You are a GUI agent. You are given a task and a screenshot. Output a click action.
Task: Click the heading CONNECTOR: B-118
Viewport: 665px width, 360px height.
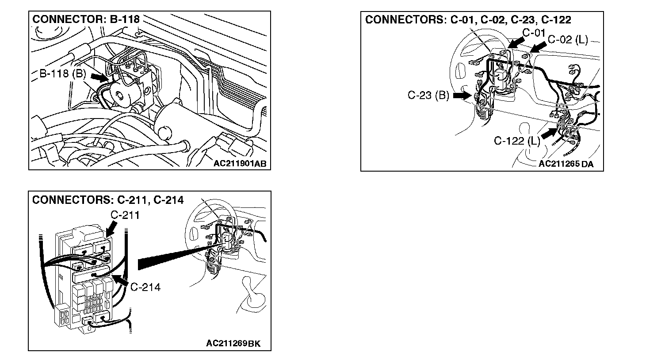(x=86, y=19)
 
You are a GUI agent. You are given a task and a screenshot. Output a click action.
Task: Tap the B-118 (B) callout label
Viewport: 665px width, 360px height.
(x=62, y=74)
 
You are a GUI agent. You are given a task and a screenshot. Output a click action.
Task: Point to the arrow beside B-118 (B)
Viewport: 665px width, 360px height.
(x=99, y=77)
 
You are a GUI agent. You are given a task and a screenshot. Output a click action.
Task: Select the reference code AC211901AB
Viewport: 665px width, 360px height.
(x=240, y=164)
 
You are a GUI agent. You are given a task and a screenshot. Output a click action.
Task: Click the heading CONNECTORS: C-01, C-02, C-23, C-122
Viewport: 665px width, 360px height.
(x=468, y=20)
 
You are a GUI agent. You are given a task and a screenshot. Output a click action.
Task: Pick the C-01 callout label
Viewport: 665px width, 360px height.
(x=534, y=33)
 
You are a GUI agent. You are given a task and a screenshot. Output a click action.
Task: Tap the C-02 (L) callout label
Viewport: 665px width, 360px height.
(x=567, y=39)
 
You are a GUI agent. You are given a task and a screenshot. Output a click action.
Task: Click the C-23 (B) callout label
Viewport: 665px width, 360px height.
(x=428, y=95)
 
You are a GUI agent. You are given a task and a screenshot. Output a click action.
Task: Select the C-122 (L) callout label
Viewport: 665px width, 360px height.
(x=516, y=141)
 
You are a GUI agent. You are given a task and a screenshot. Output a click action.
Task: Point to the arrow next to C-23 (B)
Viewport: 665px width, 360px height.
(x=462, y=95)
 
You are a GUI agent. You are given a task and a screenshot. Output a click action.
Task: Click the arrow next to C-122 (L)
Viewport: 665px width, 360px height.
(x=549, y=133)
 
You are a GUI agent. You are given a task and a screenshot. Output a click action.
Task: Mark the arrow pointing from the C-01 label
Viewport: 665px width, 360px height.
(x=514, y=42)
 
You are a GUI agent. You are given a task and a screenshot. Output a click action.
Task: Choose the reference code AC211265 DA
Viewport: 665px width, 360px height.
(x=566, y=164)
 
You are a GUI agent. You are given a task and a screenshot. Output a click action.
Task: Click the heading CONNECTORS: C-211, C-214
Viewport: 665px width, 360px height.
(x=107, y=200)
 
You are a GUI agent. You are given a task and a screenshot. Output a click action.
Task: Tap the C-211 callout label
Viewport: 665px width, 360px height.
(x=125, y=215)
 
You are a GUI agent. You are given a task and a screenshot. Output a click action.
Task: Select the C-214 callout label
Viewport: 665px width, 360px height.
(x=145, y=287)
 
